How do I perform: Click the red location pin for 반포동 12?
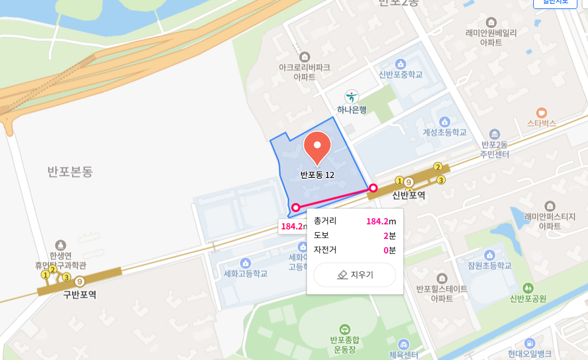point(317,147)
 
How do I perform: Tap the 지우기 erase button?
point(355,275)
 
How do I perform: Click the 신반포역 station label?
point(408,195)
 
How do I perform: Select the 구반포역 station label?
point(79,294)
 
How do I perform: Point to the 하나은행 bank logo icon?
point(351,97)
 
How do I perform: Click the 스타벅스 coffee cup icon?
point(541,112)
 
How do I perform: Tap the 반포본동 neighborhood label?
point(70,171)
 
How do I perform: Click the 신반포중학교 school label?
point(400,75)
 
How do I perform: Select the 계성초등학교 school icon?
point(444,121)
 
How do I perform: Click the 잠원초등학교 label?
point(489,266)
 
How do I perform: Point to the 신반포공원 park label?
point(528,299)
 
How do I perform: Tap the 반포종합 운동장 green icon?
point(345,329)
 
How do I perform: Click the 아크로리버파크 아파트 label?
point(304,72)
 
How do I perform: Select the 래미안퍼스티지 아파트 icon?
point(549,206)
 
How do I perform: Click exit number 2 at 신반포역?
point(438,166)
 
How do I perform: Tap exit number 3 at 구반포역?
point(66,277)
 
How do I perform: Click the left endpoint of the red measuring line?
point(296,208)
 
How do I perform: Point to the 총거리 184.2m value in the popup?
point(381,221)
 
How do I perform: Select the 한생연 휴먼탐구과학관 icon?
point(60,245)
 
